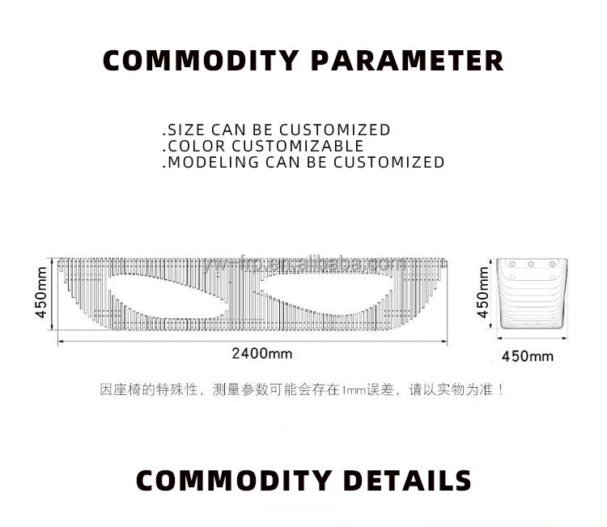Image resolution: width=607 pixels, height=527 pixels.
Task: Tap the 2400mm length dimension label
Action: [262, 354]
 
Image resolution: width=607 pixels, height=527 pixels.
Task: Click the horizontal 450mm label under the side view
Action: [528, 355]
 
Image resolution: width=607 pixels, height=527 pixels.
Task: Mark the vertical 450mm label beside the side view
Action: [483, 293]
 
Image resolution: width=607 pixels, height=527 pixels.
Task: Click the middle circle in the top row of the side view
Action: [532, 265]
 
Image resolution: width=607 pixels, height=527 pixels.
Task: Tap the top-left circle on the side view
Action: [510, 265]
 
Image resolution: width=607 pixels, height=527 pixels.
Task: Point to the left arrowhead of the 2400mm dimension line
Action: [59, 341]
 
